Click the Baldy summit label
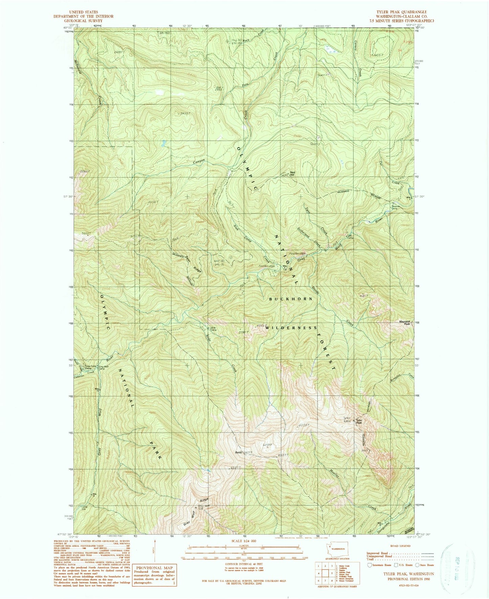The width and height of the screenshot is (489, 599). pos(239,452)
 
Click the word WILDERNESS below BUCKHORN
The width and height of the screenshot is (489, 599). pos(291,328)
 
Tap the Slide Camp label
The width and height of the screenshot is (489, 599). pos(214,328)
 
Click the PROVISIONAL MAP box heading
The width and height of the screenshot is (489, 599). pos(154,568)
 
